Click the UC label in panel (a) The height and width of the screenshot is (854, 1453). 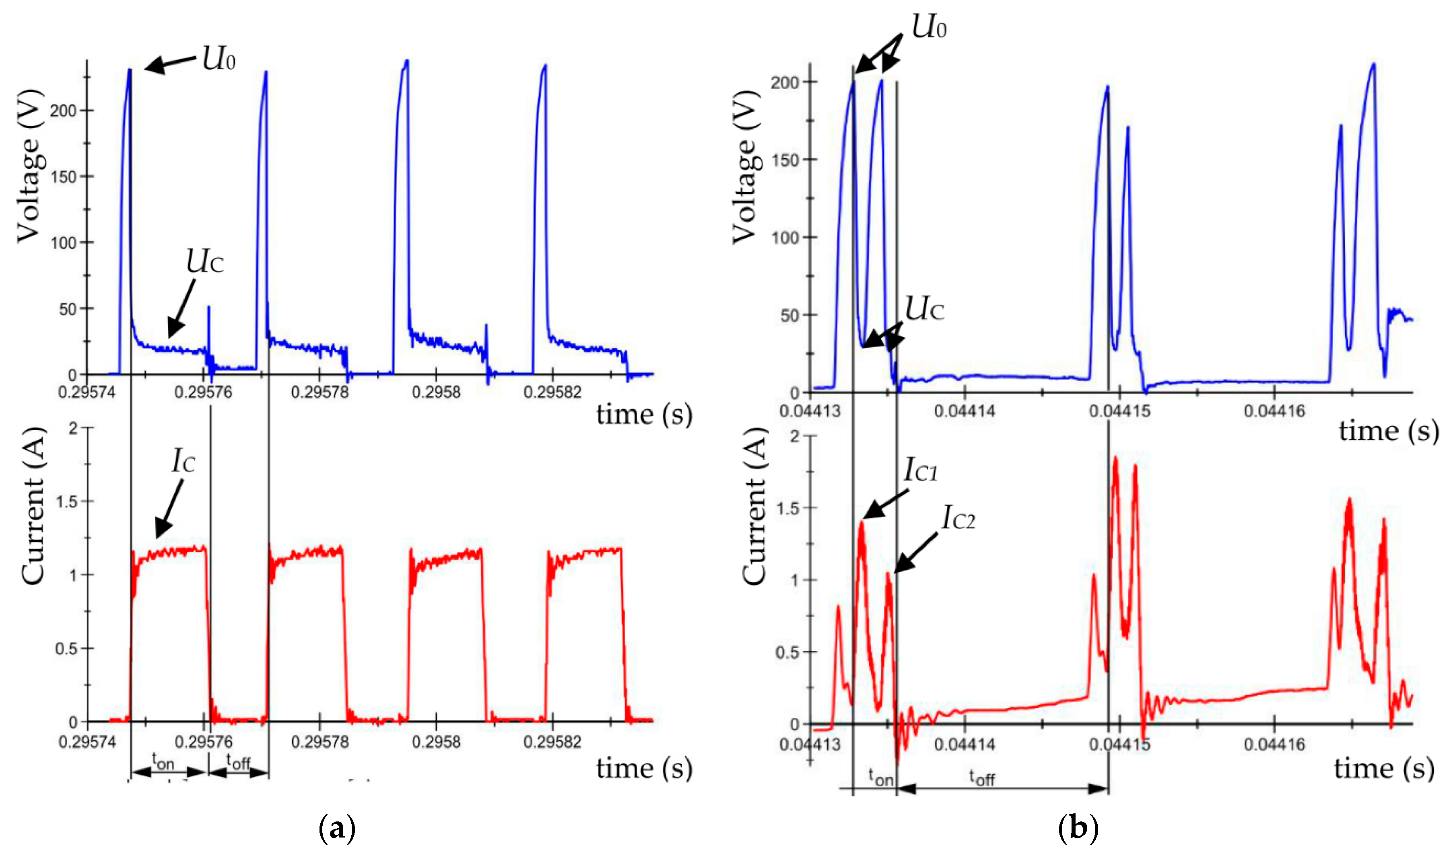(x=204, y=262)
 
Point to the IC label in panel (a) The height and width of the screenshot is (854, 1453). (x=183, y=461)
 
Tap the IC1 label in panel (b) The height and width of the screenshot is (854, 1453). (x=920, y=470)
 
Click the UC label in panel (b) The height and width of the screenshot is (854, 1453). (x=924, y=310)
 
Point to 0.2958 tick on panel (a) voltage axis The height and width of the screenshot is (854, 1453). (x=436, y=392)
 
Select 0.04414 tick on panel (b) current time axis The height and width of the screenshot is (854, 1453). (x=965, y=744)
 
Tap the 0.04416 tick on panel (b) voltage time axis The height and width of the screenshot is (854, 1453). (x=1274, y=411)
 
